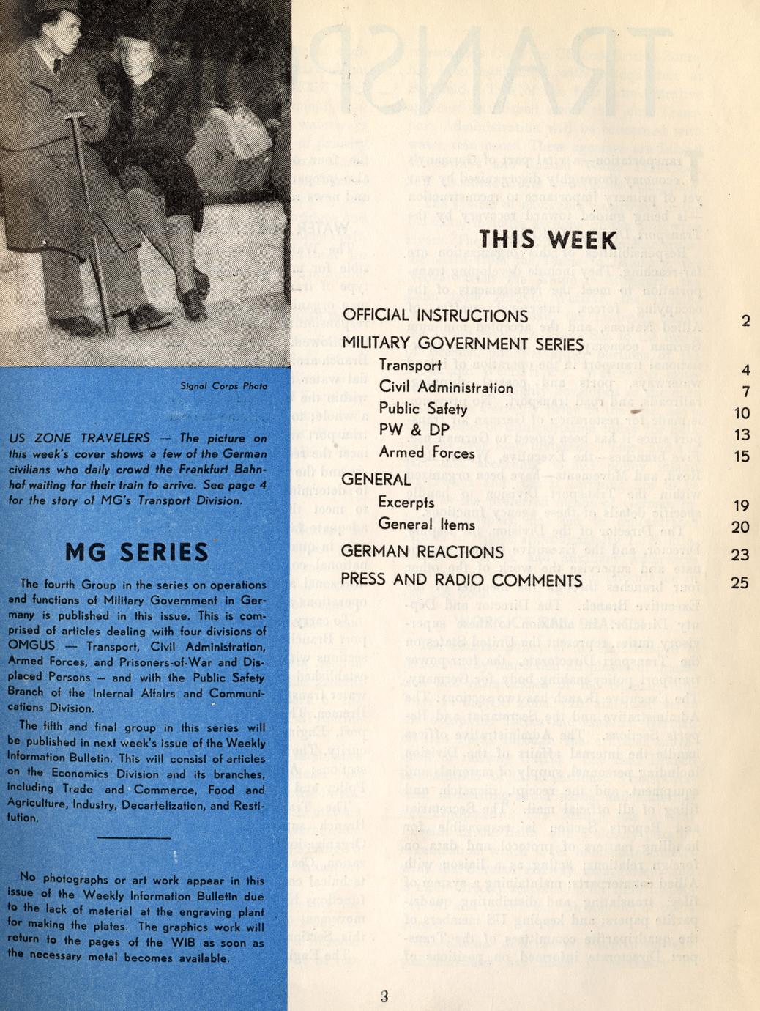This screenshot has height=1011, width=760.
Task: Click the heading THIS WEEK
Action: [x=548, y=240]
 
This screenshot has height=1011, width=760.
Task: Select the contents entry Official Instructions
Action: [x=435, y=316]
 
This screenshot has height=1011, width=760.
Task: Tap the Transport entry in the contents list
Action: [x=410, y=366]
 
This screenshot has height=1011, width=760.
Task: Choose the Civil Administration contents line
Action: [x=446, y=388]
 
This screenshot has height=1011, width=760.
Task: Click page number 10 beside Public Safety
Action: [x=742, y=413]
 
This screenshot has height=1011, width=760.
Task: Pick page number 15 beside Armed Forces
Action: [x=742, y=456]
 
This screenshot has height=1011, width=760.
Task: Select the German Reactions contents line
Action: [x=422, y=552]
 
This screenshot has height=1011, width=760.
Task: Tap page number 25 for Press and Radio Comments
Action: [x=739, y=582]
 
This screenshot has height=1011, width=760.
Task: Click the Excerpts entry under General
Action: [x=406, y=503]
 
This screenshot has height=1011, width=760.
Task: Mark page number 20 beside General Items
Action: [x=740, y=527]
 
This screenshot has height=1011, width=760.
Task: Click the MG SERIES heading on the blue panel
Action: [x=137, y=552]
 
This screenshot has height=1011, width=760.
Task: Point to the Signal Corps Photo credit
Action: [x=224, y=386]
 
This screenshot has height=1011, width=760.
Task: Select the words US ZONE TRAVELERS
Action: [x=79, y=438]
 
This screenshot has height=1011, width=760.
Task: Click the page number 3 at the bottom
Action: [x=384, y=996]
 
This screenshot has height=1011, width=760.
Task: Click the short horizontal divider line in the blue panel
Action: [x=133, y=837]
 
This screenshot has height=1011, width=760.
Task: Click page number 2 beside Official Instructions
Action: [x=745, y=321]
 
